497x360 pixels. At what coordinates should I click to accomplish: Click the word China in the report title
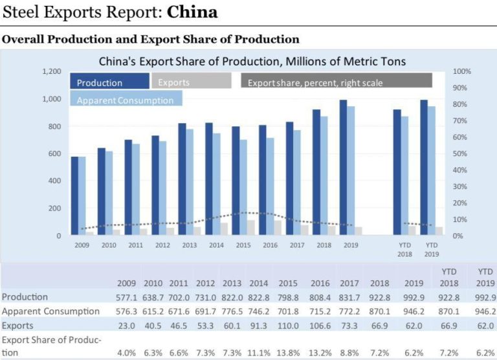(x=192, y=12)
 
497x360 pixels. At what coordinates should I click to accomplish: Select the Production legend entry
(x=109, y=81)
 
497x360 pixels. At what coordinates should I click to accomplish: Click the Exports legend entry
(x=192, y=80)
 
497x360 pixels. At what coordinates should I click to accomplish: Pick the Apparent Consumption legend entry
(x=126, y=98)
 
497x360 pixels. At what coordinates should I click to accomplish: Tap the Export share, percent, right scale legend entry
(x=337, y=80)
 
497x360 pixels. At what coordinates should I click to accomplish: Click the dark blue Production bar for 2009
(x=74, y=196)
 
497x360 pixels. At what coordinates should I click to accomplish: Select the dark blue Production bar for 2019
(x=343, y=168)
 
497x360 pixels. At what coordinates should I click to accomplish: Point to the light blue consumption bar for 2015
(x=243, y=187)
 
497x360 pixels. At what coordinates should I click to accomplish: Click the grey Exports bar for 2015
(x=250, y=227)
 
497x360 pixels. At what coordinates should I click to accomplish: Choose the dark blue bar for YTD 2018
(x=397, y=172)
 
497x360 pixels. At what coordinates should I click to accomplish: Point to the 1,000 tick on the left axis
(x=52, y=99)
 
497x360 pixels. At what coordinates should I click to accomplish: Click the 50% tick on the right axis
(x=460, y=153)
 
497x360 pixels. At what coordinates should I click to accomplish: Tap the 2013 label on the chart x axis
(x=189, y=245)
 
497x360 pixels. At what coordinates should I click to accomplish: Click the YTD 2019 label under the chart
(x=432, y=250)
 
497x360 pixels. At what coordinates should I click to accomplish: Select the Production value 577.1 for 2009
(x=126, y=297)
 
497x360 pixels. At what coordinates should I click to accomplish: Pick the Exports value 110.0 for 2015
(x=288, y=326)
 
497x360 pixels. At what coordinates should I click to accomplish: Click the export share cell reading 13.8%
(x=288, y=353)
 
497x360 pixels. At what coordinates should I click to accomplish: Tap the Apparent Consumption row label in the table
(x=50, y=311)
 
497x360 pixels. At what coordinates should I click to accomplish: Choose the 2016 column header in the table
(x=320, y=283)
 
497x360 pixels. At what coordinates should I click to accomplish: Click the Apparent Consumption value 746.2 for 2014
(x=259, y=311)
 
